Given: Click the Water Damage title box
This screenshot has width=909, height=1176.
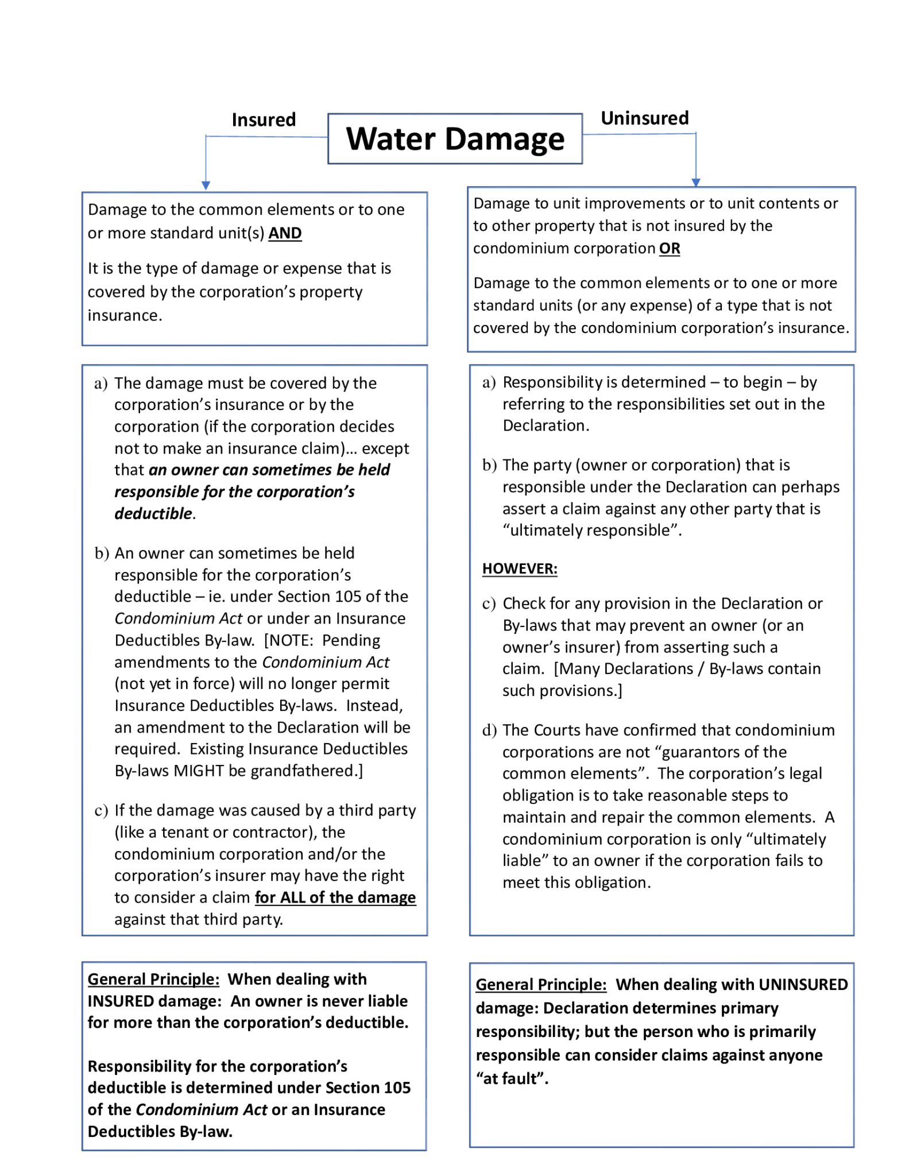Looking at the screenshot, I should (x=455, y=139).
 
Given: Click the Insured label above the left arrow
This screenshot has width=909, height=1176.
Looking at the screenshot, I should (x=264, y=120).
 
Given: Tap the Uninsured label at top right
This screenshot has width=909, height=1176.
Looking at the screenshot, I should (x=644, y=118).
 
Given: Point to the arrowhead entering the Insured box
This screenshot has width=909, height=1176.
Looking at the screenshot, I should (x=206, y=185).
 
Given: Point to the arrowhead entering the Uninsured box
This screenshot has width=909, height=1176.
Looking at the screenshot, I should (x=696, y=183).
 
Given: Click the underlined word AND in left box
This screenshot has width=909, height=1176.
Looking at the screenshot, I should (x=285, y=233).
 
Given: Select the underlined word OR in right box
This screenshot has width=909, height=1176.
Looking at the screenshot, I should (x=670, y=249).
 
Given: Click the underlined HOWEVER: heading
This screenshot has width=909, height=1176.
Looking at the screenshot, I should (x=520, y=568).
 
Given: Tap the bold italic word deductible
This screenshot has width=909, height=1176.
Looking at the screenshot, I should (x=153, y=513).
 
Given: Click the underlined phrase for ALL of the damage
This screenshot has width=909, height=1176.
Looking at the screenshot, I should (x=335, y=898).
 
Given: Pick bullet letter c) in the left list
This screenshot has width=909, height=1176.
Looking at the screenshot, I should (x=101, y=811).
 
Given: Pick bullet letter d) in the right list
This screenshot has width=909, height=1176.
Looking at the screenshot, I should (x=489, y=730).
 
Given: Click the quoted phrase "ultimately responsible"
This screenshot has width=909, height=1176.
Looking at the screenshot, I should (x=590, y=530).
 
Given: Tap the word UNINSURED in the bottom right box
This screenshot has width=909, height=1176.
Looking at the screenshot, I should (x=803, y=984).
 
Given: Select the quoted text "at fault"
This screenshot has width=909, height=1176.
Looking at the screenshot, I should (x=511, y=1078).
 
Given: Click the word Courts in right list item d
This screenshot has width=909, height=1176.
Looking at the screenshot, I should (x=558, y=730).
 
